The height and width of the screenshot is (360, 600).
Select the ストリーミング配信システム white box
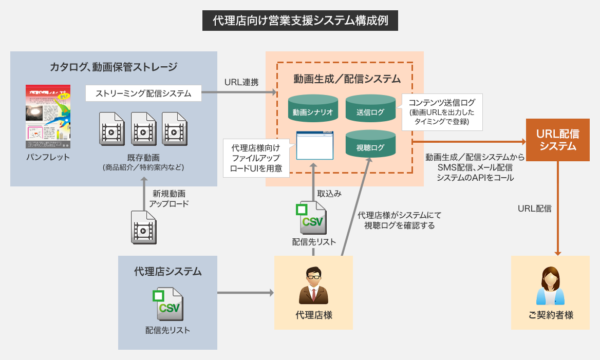[x=143, y=93]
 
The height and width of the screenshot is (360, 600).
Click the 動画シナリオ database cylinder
[x=312, y=108]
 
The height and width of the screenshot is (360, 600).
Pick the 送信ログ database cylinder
[x=370, y=108]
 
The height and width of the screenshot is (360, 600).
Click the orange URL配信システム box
[x=557, y=140]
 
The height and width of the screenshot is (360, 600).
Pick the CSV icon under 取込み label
[x=313, y=218]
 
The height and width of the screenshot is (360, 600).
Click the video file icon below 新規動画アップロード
[x=143, y=226]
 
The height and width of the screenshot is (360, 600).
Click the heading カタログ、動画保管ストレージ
[x=114, y=67]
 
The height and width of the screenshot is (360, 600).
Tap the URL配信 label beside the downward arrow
[x=534, y=209]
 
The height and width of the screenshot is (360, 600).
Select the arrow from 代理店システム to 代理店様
[x=246, y=293]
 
